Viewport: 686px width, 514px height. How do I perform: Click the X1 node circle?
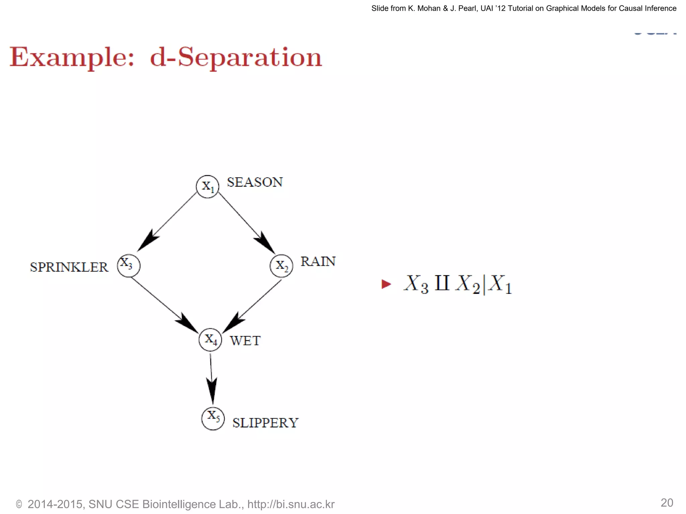208,186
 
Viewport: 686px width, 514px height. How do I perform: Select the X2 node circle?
281,266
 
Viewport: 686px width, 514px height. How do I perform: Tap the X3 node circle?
129,266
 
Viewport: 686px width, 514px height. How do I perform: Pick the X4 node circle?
210,340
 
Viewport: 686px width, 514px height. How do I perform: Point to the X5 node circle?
213,418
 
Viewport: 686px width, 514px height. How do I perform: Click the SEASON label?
255,182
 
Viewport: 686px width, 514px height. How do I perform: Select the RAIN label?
318,262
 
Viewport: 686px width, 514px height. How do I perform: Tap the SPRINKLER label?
69,267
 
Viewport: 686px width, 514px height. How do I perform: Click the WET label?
245,341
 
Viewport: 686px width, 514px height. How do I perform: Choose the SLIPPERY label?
265,423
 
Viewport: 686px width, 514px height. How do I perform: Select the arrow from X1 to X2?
246,223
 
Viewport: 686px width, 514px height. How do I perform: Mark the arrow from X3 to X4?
164,305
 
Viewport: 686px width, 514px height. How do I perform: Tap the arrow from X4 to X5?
211,378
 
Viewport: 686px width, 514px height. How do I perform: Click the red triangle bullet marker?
386,284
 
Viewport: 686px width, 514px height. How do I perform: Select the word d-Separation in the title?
236,57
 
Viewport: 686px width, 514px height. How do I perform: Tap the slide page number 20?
667,503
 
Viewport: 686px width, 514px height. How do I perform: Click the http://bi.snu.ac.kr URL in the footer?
291,504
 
